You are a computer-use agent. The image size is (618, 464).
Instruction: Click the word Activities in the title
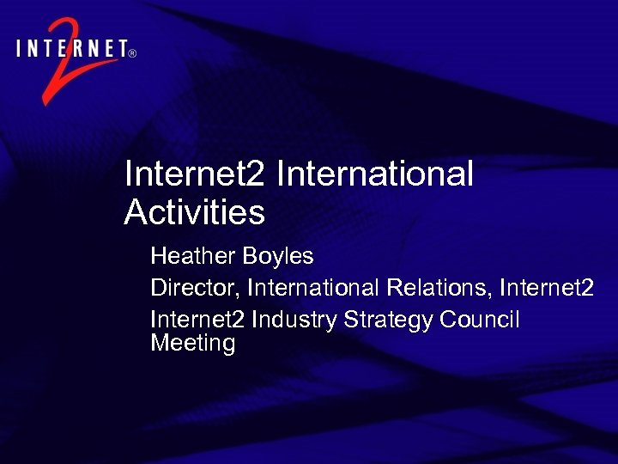pos(195,211)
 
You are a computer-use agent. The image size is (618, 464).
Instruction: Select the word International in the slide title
pos(375,174)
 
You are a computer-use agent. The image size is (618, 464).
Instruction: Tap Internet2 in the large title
pos(196,174)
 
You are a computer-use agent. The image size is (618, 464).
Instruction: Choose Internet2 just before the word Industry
pos(197,320)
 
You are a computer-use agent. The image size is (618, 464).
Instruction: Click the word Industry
pos(294,320)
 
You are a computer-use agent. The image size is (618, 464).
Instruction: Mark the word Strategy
pos(388,320)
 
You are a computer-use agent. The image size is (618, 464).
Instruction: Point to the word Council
pos(480,320)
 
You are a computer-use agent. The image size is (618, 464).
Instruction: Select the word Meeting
pos(192,344)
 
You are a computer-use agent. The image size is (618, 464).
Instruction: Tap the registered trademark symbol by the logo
pos(131,52)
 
